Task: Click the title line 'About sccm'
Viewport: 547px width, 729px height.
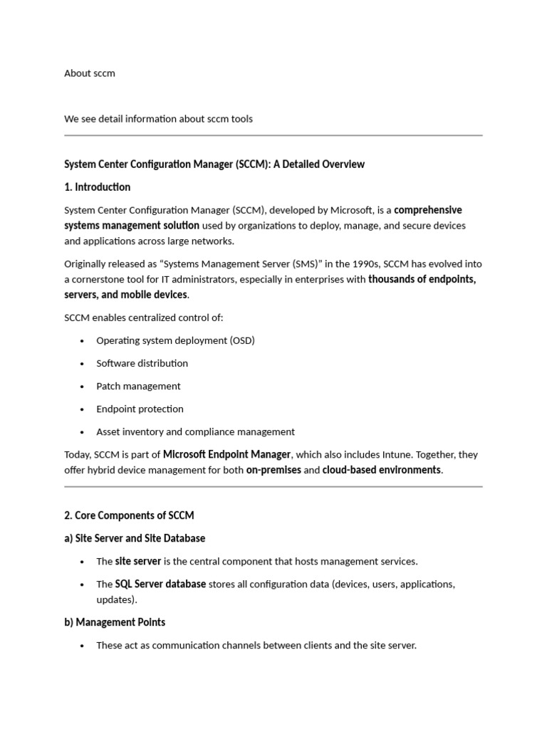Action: (x=89, y=73)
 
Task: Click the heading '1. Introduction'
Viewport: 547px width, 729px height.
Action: (x=97, y=187)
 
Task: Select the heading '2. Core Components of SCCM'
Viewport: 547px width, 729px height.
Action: (x=128, y=515)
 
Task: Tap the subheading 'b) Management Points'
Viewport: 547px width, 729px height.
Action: (x=114, y=622)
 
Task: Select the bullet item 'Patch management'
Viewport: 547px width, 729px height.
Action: (x=138, y=386)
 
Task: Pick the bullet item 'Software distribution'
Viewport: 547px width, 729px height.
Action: (x=142, y=363)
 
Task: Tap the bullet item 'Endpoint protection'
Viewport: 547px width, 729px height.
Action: (x=140, y=409)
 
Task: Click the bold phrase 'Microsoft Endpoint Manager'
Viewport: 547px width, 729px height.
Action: (x=226, y=454)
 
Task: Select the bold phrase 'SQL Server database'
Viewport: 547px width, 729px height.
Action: (x=160, y=584)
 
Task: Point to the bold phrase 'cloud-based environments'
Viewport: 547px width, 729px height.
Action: (x=381, y=470)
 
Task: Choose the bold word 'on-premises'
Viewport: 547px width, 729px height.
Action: (x=273, y=470)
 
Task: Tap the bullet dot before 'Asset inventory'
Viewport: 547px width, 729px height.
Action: (x=82, y=432)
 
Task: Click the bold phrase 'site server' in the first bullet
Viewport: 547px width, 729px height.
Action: (x=138, y=561)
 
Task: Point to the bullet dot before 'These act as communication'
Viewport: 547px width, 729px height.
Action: (x=82, y=646)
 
